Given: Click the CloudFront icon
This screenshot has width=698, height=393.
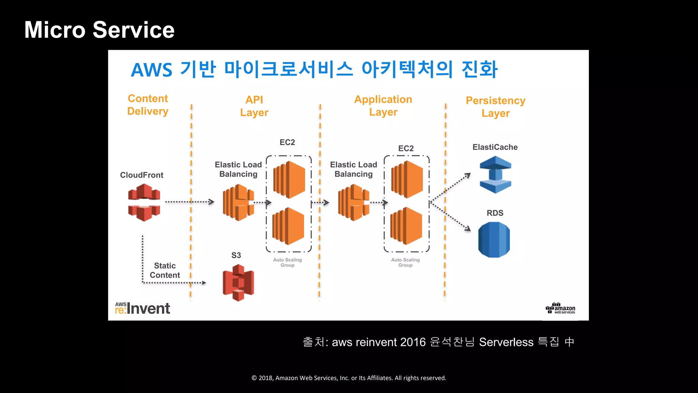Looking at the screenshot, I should [x=144, y=202].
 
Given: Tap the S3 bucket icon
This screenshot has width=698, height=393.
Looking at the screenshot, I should [x=238, y=282].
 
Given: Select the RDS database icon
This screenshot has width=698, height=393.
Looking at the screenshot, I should [x=494, y=239].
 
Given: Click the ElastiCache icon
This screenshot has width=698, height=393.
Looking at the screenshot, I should [x=495, y=175].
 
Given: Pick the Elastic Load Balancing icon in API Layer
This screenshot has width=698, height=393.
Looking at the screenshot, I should [x=238, y=202].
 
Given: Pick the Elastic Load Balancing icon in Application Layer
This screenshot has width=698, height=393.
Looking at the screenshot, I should [x=353, y=202].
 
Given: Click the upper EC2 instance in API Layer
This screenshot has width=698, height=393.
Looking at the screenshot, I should [x=289, y=180].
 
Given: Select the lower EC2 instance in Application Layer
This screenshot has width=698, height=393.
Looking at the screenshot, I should [x=406, y=226].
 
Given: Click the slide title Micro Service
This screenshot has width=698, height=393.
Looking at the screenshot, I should [x=99, y=30].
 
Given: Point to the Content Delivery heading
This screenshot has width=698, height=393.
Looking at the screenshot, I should [x=148, y=105].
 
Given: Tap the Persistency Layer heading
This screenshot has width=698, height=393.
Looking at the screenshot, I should [x=495, y=107].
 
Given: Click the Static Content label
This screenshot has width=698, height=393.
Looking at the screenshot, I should [x=165, y=270].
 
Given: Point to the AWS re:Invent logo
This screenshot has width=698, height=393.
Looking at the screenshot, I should [x=142, y=308].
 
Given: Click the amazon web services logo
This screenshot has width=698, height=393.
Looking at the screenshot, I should [x=561, y=308].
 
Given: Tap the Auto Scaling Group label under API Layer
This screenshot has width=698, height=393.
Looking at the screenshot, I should [x=287, y=262].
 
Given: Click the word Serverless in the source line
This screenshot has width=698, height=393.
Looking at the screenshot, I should [x=506, y=342].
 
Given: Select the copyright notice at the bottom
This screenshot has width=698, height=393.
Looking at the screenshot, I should [x=349, y=378].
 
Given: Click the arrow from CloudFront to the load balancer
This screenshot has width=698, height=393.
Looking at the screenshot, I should [x=189, y=202].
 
